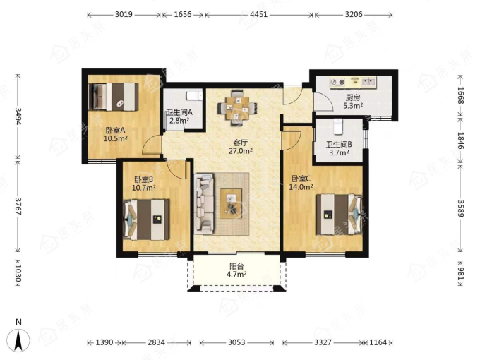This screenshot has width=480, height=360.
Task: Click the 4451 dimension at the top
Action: click(x=259, y=14)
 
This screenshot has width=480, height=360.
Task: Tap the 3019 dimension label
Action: click(x=124, y=14)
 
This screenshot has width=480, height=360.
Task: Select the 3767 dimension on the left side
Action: click(x=18, y=207)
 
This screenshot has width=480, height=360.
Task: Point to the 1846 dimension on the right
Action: click(x=461, y=140)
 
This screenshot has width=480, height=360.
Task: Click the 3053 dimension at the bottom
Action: click(x=236, y=342)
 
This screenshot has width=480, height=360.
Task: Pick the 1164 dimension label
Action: click(x=378, y=342)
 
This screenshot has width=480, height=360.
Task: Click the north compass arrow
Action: click(x=18, y=340)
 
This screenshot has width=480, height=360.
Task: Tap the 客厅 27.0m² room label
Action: click(x=241, y=147)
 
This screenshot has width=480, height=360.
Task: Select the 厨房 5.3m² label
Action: click(x=353, y=102)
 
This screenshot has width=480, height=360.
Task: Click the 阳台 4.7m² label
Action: click(x=236, y=270)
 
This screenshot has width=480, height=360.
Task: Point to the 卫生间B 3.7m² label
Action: click(x=340, y=148)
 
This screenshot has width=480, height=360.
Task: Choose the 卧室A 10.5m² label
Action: click(x=115, y=134)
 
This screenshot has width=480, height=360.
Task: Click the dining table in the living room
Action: click(x=237, y=107)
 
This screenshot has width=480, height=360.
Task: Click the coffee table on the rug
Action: click(x=231, y=203)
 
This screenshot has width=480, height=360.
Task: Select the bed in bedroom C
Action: click(x=340, y=214)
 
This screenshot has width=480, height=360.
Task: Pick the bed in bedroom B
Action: click(x=146, y=220)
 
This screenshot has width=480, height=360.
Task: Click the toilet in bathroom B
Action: click(x=338, y=126)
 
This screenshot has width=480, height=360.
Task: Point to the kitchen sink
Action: click(x=368, y=82)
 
